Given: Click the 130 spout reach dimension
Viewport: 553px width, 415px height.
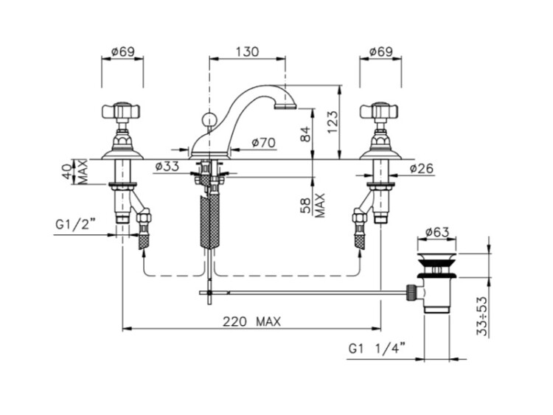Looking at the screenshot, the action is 247,52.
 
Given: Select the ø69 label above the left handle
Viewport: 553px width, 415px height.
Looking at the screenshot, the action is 122,52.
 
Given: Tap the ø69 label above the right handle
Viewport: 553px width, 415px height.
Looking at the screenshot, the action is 381,52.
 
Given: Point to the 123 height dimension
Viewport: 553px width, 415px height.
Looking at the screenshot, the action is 333,122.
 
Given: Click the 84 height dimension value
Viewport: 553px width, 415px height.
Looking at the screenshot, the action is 306,134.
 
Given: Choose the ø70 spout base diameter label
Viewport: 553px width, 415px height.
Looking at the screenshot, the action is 263,142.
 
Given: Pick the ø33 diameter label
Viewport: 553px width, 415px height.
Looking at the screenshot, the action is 167,166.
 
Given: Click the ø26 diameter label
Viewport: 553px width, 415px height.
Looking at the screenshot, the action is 422,169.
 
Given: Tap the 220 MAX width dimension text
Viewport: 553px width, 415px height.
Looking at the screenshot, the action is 252,321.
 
